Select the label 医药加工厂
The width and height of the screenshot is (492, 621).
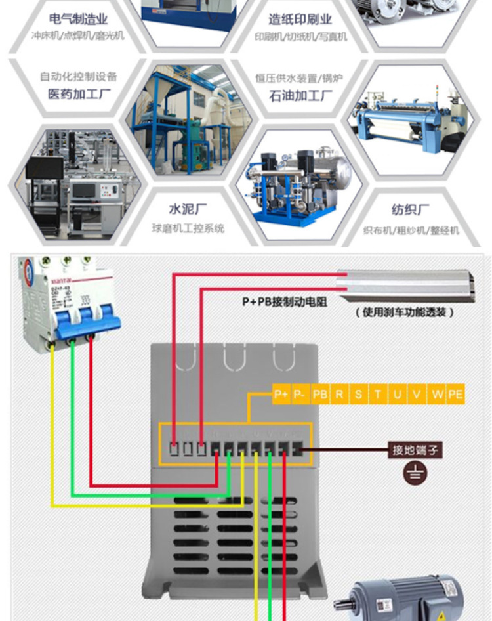click(x=81, y=94)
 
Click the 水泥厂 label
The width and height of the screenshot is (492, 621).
click(x=188, y=209)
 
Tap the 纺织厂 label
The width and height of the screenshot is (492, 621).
click(x=411, y=209)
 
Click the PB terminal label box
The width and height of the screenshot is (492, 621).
click(x=319, y=395)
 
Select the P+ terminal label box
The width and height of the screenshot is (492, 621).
click(x=281, y=395)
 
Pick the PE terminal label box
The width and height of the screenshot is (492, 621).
click(x=456, y=395)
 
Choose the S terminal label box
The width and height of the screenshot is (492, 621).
click(x=358, y=395)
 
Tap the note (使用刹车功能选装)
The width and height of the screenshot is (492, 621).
click(x=405, y=312)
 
